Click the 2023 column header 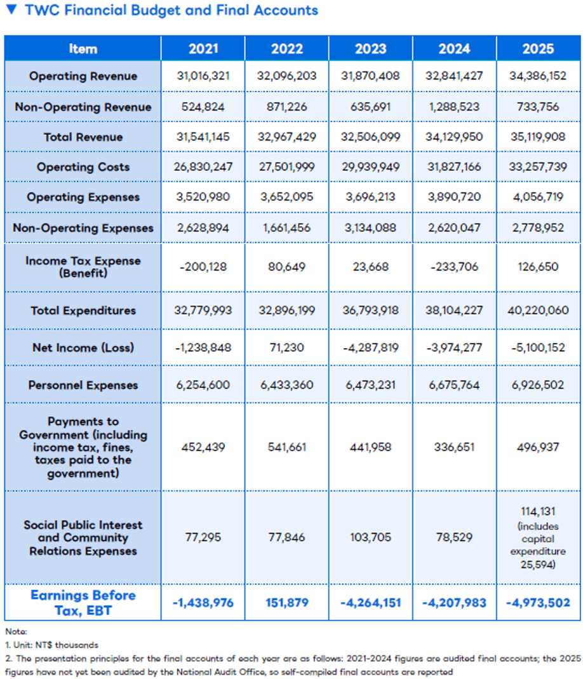point(370,48)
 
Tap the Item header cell point(83,48)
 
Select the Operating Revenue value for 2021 point(203,76)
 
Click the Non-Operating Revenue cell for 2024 point(454,107)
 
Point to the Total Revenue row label point(83,137)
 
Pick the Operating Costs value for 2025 point(537,166)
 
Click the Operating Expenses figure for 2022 point(286,197)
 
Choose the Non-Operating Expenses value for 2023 point(370,228)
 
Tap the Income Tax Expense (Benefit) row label point(83,267)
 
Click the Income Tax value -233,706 point(454,267)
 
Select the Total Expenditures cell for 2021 point(203,311)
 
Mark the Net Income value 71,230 point(286,347)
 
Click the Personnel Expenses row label point(83,385)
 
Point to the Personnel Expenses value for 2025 point(537,385)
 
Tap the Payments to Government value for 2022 point(286,447)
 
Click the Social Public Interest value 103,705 point(370,537)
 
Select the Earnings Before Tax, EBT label point(83,603)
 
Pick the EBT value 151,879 point(286,603)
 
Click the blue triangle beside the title point(11,9)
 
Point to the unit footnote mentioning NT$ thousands point(51,645)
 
